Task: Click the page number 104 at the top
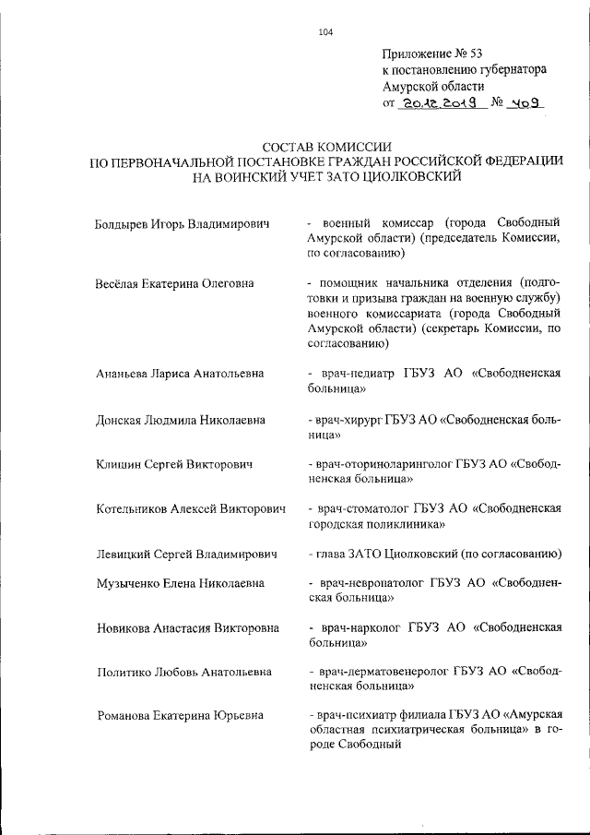click(324, 32)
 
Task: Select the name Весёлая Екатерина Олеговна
click(175, 283)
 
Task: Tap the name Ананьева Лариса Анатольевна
click(180, 374)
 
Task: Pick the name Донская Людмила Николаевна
click(180, 420)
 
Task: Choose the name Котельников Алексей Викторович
click(191, 509)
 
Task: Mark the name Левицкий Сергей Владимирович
click(187, 554)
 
